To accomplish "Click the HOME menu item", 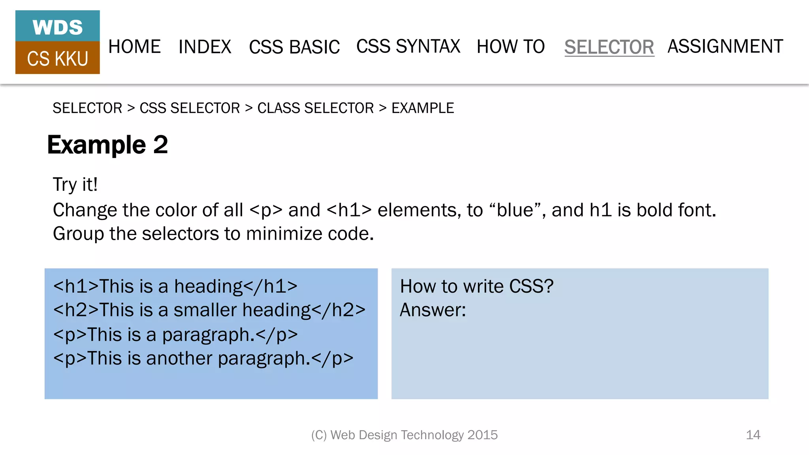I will coord(134,47).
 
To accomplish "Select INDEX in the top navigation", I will coord(205,47).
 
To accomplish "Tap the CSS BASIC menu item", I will coord(294,47).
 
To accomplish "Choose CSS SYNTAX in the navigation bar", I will coord(408,47).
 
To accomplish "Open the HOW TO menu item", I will coord(510,47).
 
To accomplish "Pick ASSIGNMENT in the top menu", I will coord(725,47).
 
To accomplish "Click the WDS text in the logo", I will coord(58,28).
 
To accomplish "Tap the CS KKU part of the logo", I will coord(58,59).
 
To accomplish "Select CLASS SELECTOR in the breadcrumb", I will coord(315,108).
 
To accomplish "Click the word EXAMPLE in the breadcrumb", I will coord(423,108).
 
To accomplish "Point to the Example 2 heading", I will coord(107,145).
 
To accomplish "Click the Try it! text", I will coord(75,184).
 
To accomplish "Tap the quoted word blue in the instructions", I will coord(517,210).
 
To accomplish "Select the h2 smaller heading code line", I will coord(209,310).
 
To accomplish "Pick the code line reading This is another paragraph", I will coord(203,359).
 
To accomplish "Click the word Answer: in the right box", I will coord(433,310).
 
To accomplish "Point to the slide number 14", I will coord(753,435).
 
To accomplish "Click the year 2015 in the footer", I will coord(482,435).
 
